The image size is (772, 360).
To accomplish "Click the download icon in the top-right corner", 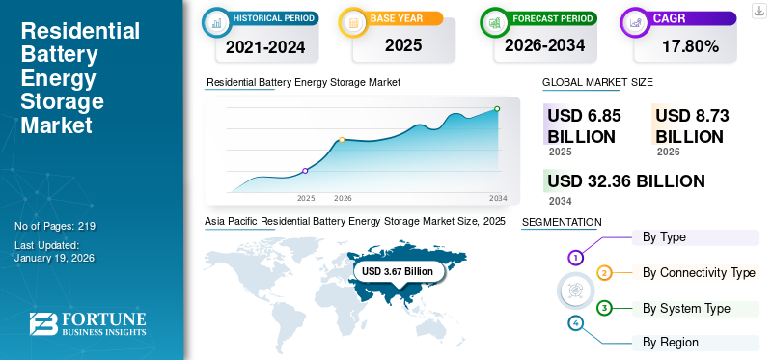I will pyautogui.click(x=758, y=11).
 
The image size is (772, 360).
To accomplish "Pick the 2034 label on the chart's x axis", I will pyautogui.click(x=498, y=198).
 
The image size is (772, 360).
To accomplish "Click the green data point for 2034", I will pyautogui.click(x=497, y=109).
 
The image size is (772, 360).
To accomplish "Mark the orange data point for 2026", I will pyautogui.click(x=342, y=140).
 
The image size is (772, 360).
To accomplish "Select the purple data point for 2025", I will pyautogui.click(x=306, y=171).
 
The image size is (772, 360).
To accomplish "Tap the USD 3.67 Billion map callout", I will pyautogui.click(x=398, y=272).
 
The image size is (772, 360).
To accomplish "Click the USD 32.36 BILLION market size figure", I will pyautogui.click(x=625, y=181).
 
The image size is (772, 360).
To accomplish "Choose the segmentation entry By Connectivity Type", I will pyautogui.click(x=699, y=273).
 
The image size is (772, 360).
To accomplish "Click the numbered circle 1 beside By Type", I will pyautogui.click(x=576, y=258).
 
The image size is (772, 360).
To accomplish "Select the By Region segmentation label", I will pyautogui.click(x=671, y=342).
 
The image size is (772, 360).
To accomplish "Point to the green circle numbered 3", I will pyautogui.click(x=604, y=309).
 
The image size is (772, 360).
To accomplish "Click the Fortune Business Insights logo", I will pyautogui.click(x=87, y=324).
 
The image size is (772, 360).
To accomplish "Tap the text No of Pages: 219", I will pyautogui.click(x=55, y=226).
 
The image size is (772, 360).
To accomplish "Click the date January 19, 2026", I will pyautogui.click(x=55, y=259).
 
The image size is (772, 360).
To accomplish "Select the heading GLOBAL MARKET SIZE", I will pyautogui.click(x=597, y=83).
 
